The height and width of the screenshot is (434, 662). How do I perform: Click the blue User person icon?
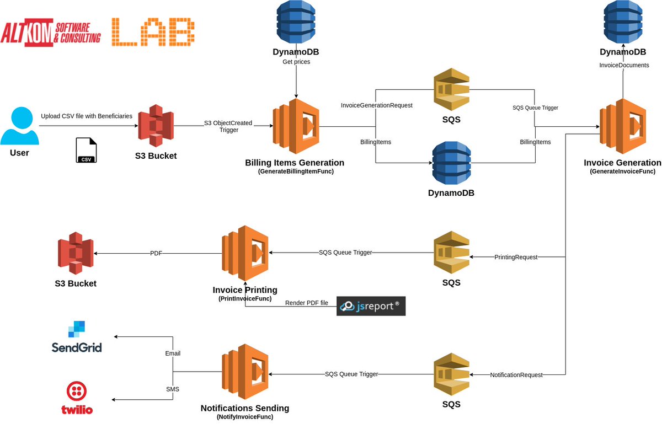coord(19,126)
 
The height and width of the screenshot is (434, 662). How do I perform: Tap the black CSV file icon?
coord(86,151)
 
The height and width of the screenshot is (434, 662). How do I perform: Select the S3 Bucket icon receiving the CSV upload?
coord(156,126)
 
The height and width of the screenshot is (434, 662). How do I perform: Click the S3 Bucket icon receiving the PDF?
coord(76,253)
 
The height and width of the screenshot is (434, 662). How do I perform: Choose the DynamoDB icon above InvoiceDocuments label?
coord(623,23)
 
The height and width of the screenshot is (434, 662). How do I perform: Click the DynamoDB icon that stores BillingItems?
coord(451,164)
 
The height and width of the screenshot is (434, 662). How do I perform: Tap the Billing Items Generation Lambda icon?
coord(296,126)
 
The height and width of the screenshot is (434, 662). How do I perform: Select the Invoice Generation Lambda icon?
coord(623,126)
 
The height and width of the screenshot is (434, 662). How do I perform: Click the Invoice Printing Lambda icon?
coord(245,253)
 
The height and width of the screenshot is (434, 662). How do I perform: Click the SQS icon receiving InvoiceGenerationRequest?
coord(451,90)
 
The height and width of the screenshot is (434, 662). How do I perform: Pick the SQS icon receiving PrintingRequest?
coord(451,253)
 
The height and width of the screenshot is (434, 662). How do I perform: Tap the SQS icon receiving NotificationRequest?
coord(451,375)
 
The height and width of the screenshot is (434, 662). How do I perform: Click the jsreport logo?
coord(371,306)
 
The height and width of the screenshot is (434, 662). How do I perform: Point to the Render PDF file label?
coord(306,303)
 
